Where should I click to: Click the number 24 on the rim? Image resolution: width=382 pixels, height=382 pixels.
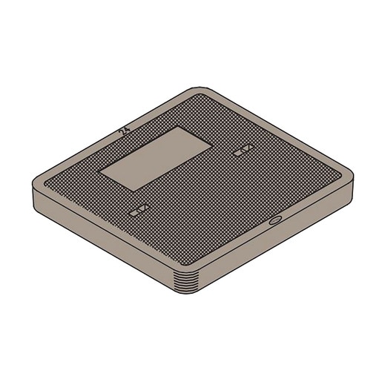124,131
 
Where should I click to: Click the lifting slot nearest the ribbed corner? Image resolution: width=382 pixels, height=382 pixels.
138,211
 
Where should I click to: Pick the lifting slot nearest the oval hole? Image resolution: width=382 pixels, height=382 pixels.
243,151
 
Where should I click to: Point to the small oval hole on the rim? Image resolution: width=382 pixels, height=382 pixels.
274,220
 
